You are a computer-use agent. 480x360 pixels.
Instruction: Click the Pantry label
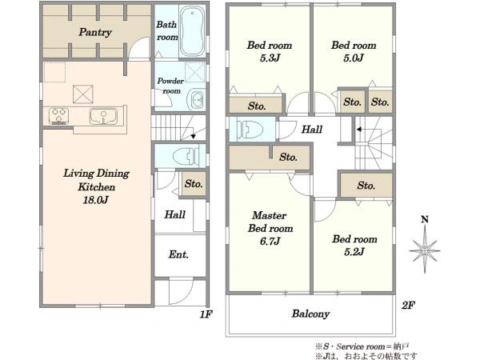95,32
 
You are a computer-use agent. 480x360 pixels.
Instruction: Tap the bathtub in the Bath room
192,31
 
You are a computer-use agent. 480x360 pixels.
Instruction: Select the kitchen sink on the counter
103,116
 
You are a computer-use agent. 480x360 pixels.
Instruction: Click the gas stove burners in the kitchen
58,116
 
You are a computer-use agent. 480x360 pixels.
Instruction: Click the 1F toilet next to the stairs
186,156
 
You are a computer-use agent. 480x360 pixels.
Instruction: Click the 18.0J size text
95,201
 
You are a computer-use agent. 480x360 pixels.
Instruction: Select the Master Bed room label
270,222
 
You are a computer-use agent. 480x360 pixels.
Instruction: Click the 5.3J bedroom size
270,58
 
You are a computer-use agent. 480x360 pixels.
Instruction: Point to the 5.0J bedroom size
354,58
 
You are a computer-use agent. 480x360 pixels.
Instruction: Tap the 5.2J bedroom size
354,252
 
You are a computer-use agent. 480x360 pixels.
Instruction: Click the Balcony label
310,314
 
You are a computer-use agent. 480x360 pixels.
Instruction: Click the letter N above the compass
425,219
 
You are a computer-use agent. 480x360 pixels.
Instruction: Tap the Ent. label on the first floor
178,254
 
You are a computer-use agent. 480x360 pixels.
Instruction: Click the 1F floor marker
206,314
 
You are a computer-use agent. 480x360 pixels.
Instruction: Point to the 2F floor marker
408,306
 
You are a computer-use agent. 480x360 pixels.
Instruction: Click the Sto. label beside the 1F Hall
194,184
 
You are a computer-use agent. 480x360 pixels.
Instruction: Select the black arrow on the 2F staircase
359,130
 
